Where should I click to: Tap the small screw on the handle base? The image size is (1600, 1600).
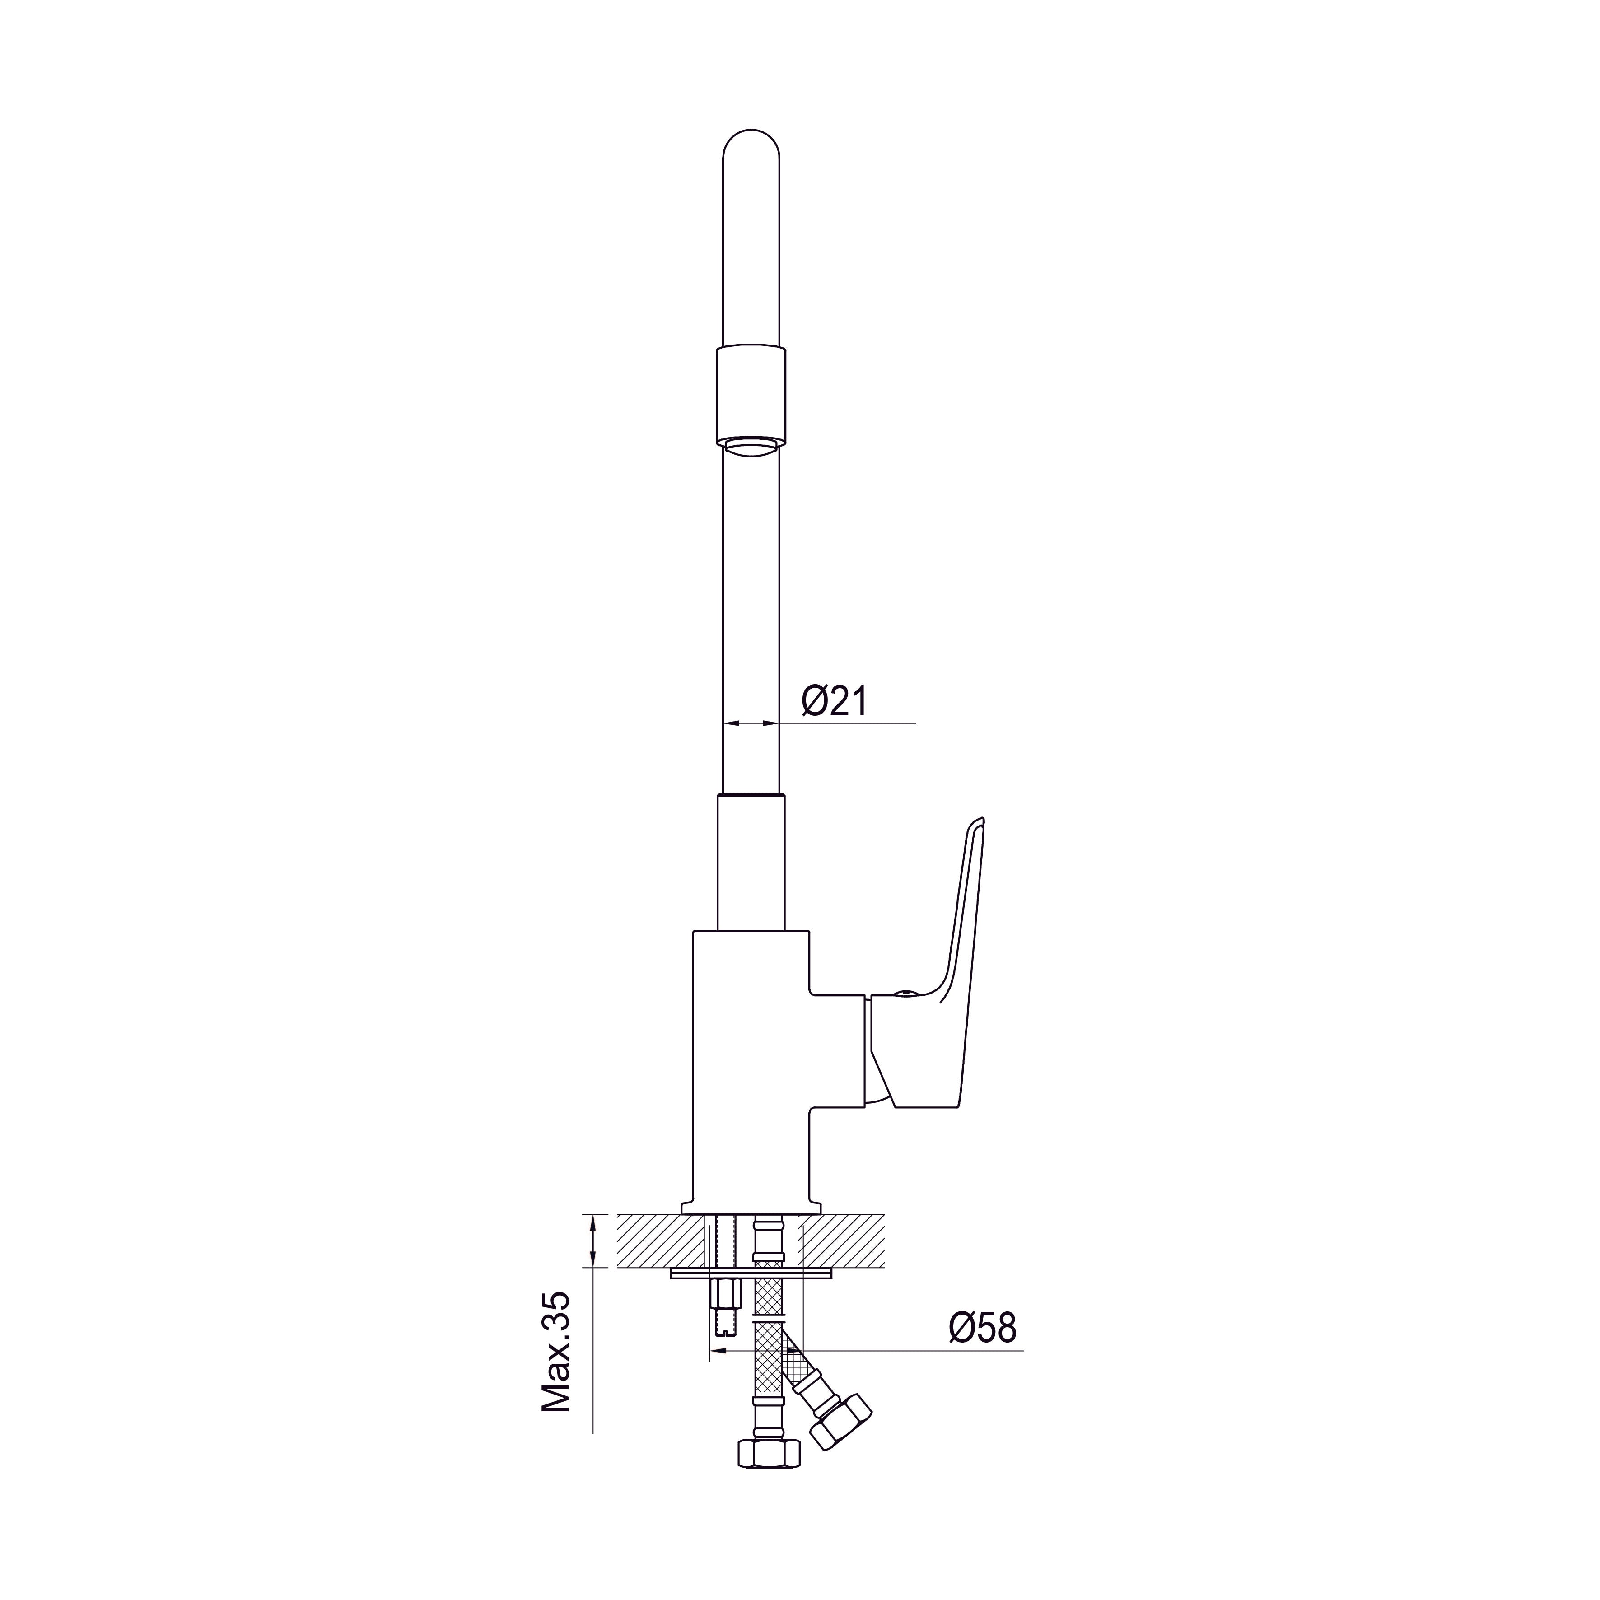(905, 992)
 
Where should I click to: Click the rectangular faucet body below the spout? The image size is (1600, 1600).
(750, 1077)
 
